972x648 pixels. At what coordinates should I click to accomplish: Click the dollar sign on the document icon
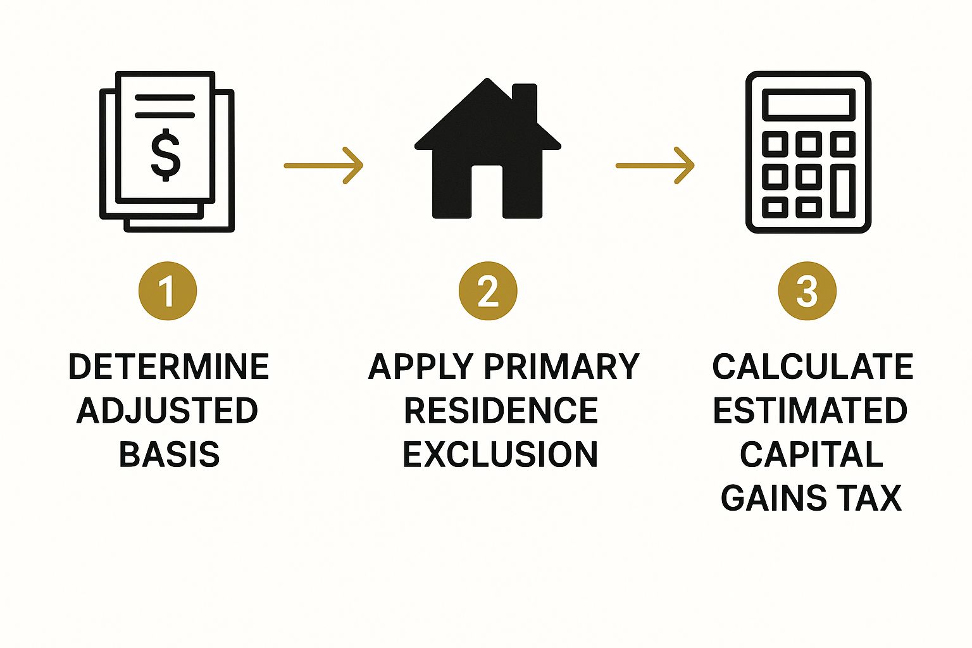pos(166,154)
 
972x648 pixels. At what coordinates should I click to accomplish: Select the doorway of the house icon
pos(487,192)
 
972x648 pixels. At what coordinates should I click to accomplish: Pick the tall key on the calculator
pos(843,190)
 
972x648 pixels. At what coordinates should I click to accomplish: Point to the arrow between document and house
pos(323,166)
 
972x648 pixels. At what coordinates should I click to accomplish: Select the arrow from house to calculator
pos(655,166)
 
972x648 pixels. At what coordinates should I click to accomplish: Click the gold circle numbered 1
pos(168,291)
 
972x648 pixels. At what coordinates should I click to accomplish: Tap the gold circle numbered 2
pos(488,291)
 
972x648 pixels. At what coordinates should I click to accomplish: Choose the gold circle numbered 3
pos(807,291)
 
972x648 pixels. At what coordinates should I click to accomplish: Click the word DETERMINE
pos(169,367)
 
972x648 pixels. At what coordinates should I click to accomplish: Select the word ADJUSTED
pos(168,411)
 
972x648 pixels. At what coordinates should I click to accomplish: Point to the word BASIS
pos(169,454)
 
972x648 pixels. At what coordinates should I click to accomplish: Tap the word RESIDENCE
pos(501,411)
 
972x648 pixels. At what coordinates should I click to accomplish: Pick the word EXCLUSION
pos(501,454)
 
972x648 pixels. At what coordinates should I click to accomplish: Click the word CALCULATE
pos(813,367)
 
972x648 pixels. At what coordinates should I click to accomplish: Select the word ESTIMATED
pos(810,411)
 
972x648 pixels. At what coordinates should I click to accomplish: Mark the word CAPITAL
pos(811,454)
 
